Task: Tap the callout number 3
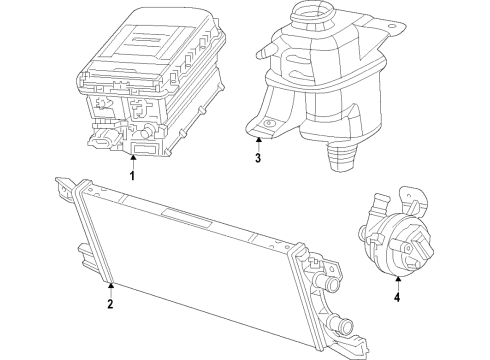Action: pyautogui.click(x=257, y=158)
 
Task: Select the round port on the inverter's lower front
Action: pyautogui.click(x=143, y=130)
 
